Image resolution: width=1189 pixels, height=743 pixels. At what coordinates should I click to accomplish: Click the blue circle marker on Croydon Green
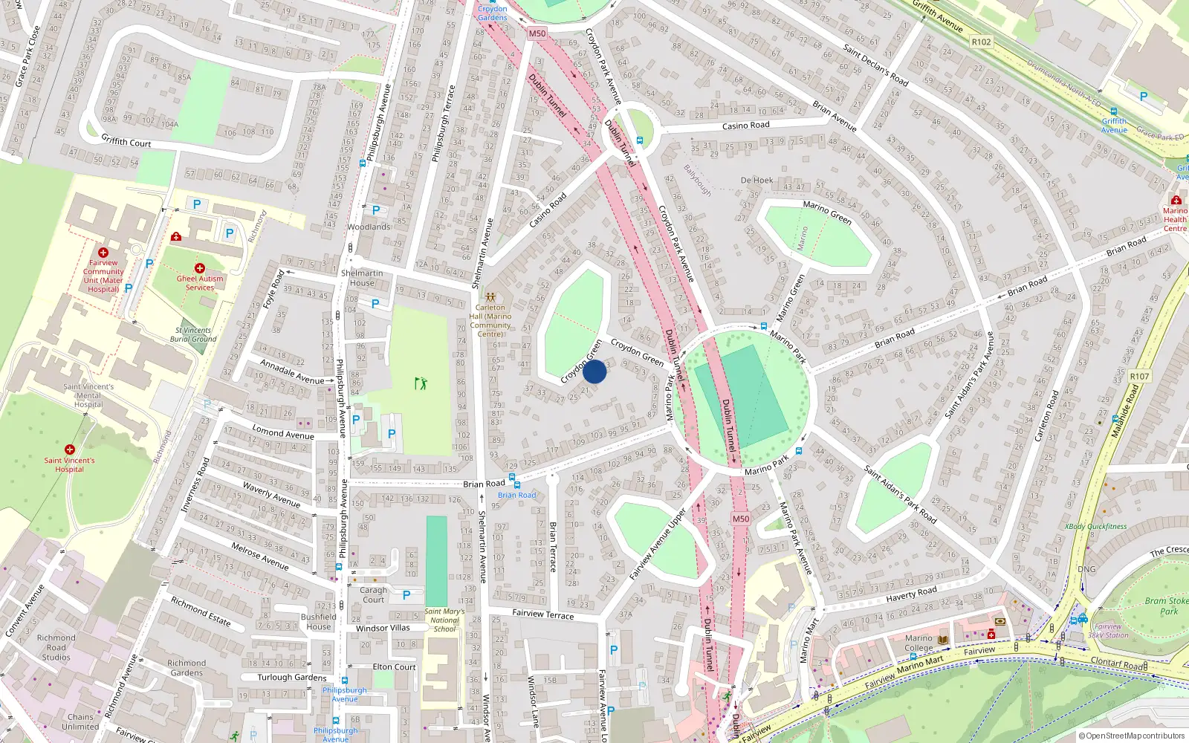coord(594,371)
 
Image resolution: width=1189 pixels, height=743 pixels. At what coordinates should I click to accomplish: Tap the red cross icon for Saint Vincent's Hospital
coord(70,450)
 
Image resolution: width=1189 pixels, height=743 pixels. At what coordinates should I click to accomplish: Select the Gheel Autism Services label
coord(200,283)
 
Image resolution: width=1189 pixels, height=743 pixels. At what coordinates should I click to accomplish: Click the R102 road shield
coord(981,42)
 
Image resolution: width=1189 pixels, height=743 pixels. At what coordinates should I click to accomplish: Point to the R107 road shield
coord(1139,377)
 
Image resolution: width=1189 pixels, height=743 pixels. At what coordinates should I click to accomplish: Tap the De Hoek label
coord(757,181)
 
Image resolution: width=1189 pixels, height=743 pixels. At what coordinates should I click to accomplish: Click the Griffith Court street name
coord(126,141)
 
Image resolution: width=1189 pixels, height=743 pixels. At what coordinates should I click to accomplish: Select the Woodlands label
coord(369,227)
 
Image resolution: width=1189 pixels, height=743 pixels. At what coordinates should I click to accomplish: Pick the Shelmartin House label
coord(362,278)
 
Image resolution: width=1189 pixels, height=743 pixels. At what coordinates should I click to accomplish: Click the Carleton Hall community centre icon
coord(490,296)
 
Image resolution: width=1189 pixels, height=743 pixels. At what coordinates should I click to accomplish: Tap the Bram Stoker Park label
coord(1167,606)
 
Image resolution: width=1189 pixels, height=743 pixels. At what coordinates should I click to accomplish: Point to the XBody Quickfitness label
coord(1095,527)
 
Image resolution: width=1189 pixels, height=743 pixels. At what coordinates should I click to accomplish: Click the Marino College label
coord(919,643)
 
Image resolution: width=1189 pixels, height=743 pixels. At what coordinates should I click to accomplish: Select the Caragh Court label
coord(373,595)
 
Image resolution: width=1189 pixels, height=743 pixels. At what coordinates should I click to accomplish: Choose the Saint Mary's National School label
coord(444,620)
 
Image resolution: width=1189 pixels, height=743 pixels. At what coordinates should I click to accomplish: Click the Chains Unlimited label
coord(80,722)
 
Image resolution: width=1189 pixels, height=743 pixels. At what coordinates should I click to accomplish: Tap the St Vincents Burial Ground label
coord(193,334)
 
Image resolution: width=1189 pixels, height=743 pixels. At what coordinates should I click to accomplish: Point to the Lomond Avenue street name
coord(283,432)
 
